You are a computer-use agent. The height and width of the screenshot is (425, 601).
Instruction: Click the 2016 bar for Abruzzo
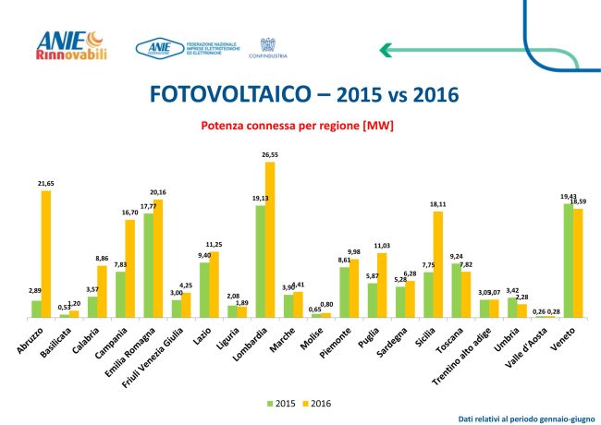click(46, 254)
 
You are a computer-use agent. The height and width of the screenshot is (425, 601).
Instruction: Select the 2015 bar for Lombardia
click(261, 261)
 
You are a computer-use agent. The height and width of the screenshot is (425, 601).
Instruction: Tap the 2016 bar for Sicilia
click(438, 264)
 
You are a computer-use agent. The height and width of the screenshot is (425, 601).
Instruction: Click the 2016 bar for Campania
click(130, 268)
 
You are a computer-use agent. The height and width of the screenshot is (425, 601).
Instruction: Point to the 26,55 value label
click(270, 155)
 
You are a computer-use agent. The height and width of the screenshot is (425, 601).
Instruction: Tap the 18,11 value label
click(437, 204)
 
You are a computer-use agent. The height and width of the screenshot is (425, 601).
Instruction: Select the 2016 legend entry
click(316, 403)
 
